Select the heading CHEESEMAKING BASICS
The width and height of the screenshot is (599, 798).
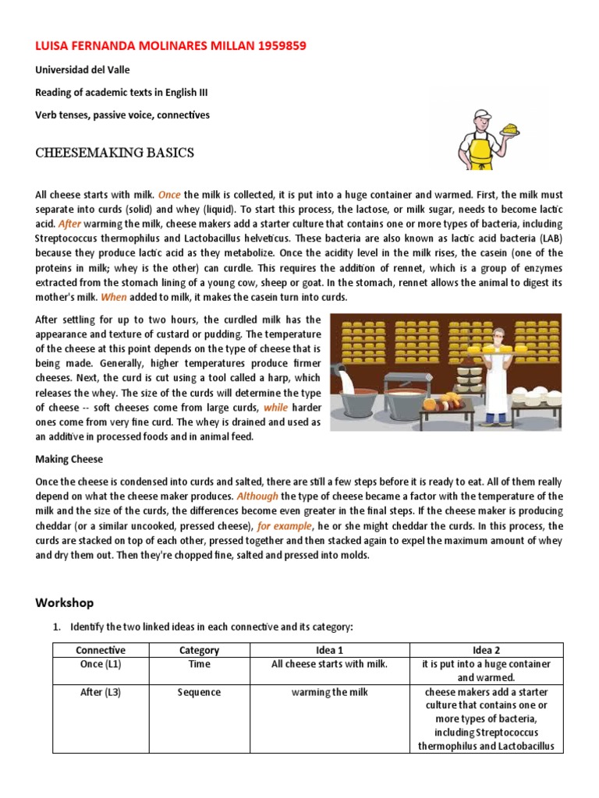(x=115, y=153)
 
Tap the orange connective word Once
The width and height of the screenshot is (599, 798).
(x=170, y=194)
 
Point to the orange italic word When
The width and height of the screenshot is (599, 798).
(x=114, y=297)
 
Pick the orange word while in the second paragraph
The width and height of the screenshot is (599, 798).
(x=276, y=408)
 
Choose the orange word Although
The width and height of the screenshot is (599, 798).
(x=257, y=496)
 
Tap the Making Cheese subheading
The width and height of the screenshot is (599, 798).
(x=69, y=459)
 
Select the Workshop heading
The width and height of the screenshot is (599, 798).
(x=65, y=602)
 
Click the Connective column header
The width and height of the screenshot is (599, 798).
(x=101, y=650)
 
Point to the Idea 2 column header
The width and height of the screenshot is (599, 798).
(x=486, y=650)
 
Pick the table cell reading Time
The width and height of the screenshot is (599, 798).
(x=199, y=664)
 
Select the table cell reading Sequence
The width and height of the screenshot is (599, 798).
(x=199, y=692)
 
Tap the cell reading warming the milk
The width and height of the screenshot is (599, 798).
(x=330, y=692)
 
